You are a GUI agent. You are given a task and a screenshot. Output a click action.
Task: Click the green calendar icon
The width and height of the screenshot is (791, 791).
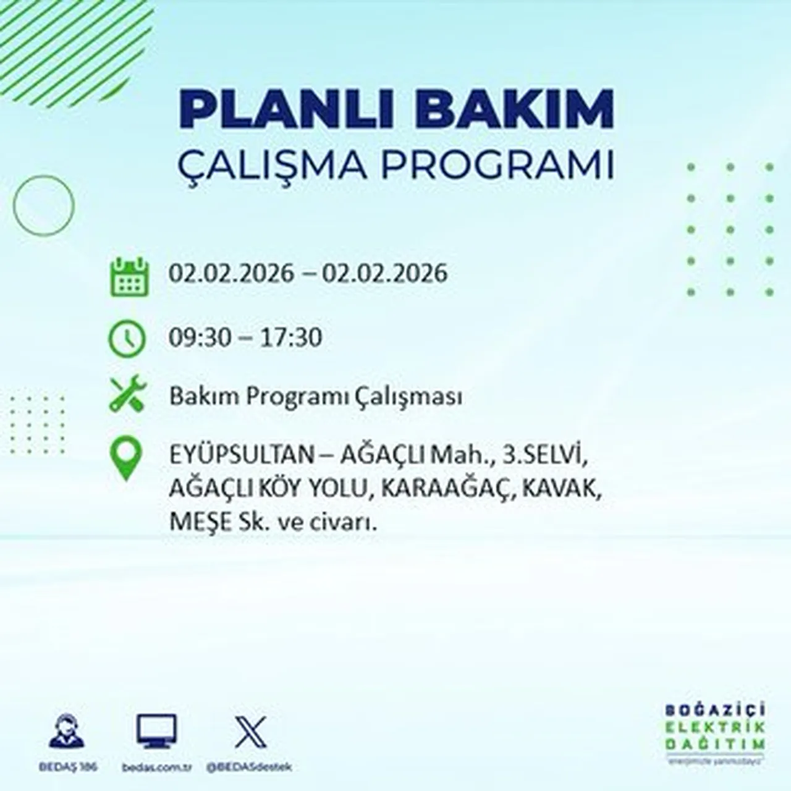pyautogui.click(x=129, y=276)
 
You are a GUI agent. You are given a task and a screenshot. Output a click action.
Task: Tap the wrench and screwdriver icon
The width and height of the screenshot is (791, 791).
pyautogui.click(x=127, y=394)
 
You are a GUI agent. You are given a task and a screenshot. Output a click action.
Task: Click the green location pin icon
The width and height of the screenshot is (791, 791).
pyautogui.click(x=125, y=459)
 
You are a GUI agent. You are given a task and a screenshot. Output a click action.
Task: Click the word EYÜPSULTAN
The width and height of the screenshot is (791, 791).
pyautogui.click(x=242, y=456)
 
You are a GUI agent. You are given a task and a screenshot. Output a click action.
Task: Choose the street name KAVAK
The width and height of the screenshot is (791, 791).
pyautogui.click(x=560, y=489)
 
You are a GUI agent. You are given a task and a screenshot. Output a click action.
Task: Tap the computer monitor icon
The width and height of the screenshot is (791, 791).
pyautogui.click(x=156, y=732)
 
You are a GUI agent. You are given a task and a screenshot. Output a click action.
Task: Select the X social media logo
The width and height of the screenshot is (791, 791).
pyautogui.click(x=250, y=732)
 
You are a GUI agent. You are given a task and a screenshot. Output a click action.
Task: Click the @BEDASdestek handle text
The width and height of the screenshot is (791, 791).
pyautogui.click(x=249, y=767)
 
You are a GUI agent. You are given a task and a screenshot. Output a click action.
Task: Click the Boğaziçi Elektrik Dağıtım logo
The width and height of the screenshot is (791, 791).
pyautogui.click(x=715, y=732)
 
